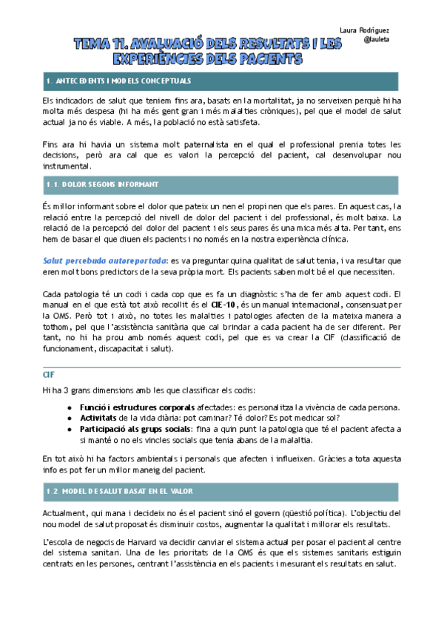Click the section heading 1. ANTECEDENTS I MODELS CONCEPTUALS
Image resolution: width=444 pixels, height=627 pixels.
[118, 80]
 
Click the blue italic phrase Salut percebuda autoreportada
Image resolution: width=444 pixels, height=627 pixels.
[104, 260]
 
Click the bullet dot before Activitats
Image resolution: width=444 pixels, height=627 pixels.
[70, 418]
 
